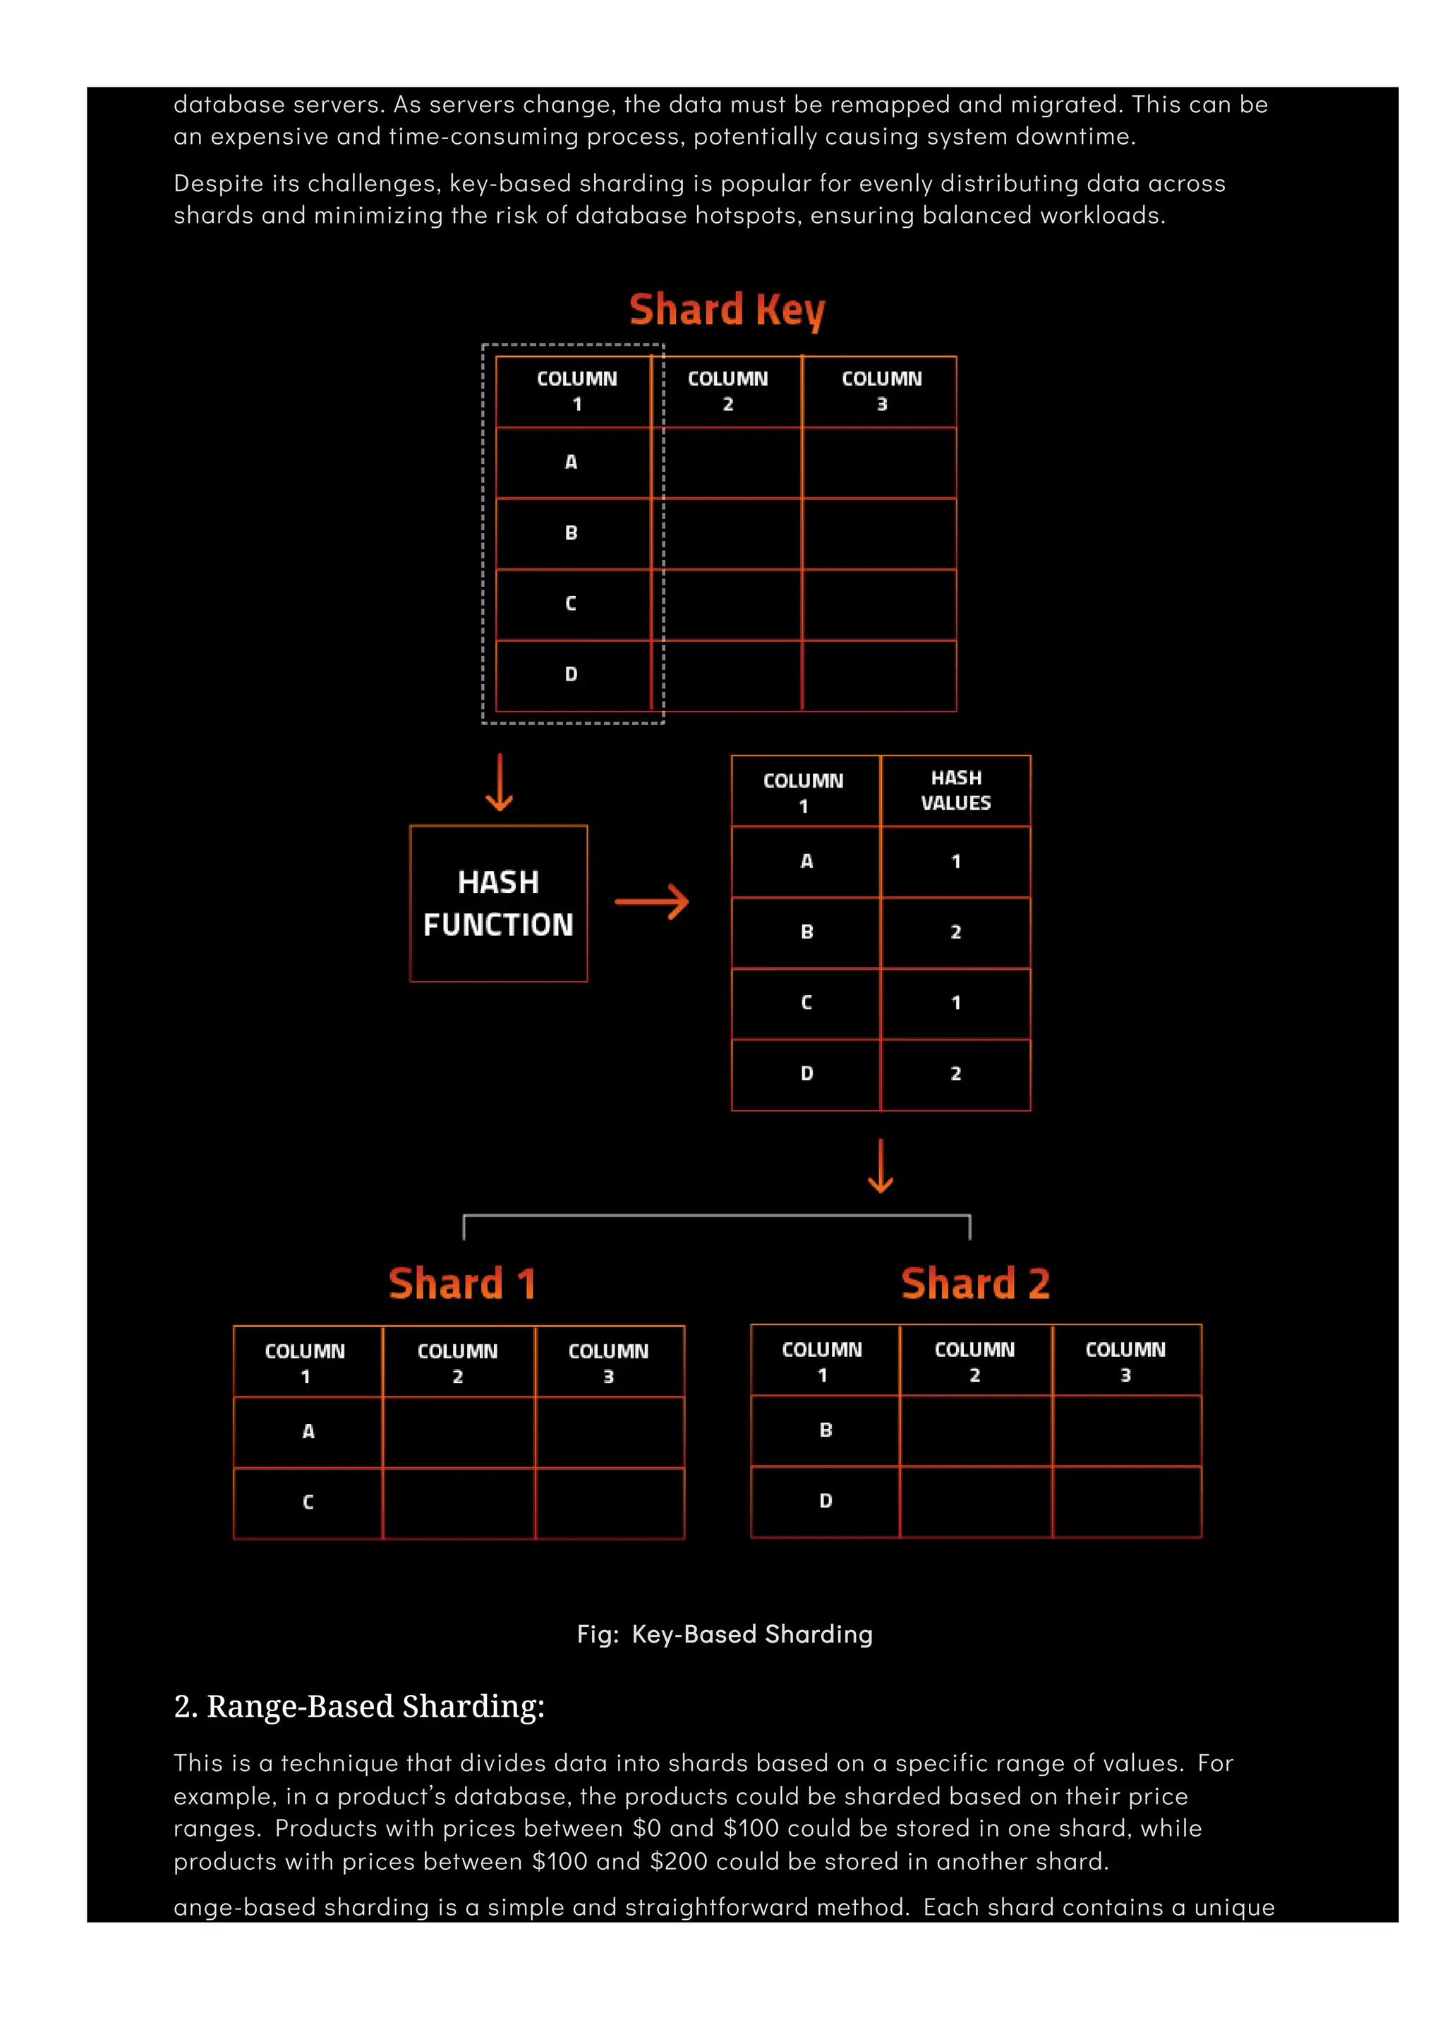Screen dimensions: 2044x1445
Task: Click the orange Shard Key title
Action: pyautogui.click(x=727, y=310)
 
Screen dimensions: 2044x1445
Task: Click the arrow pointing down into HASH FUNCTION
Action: pyautogui.click(x=500, y=782)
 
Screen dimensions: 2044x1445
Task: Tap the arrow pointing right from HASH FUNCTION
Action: pyautogui.click(x=652, y=902)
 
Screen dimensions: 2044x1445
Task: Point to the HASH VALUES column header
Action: pyautogui.click(x=955, y=791)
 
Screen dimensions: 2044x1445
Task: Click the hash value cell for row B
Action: pyautogui.click(x=955, y=932)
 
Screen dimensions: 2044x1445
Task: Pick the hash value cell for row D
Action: pyautogui.click(x=955, y=1073)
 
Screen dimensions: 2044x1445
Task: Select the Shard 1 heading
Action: pyautogui.click(x=462, y=1284)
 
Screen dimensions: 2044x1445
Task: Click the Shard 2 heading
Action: pyautogui.click(x=975, y=1284)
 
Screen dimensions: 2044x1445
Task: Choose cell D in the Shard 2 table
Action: pyautogui.click(x=826, y=1501)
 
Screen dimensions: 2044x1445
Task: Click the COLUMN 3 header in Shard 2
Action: pyautogui.click(x=1125, y=1361)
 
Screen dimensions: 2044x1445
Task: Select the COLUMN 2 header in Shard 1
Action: pyautogui.click(x=458, y=1362)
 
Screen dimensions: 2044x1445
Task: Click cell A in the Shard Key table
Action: pyautogui.click(x=572, y=462)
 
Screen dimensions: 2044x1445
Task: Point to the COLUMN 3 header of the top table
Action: pyautogui.click(x=881, y=391)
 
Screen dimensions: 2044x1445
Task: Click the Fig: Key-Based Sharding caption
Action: pyautogui.click(x=725, y=1634)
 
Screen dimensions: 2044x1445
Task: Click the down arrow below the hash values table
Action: pyautogui.click(x=881, y=1165)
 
